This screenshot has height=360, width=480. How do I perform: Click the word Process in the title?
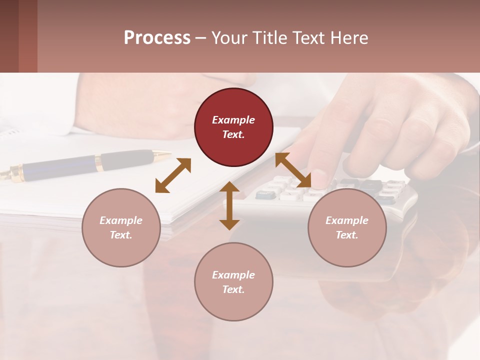click(157, 38)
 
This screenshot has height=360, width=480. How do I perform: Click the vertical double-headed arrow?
click(229, 205)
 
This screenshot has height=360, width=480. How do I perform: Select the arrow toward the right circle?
click(293, 170)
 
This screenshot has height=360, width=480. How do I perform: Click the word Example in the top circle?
click(233, 120)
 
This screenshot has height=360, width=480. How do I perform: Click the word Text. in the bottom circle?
click(233, 289)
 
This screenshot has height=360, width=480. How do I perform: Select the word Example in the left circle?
click(121, 220)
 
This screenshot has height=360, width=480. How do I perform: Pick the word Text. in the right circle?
click(347, 235)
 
